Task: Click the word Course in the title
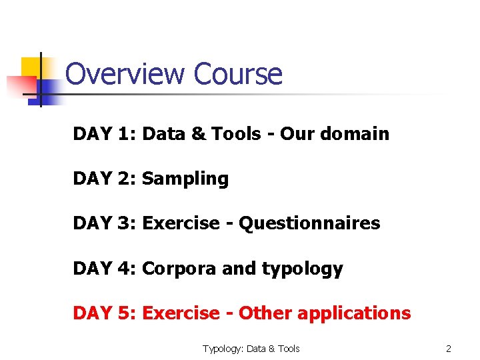(238, 74)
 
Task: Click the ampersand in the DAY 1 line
(199, 134)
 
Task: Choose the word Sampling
(185, 179)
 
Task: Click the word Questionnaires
(309, 223)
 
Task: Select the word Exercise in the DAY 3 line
(180, 223)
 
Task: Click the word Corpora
(179, 269)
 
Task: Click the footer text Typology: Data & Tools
(251, 349)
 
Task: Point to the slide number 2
(449, 349)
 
